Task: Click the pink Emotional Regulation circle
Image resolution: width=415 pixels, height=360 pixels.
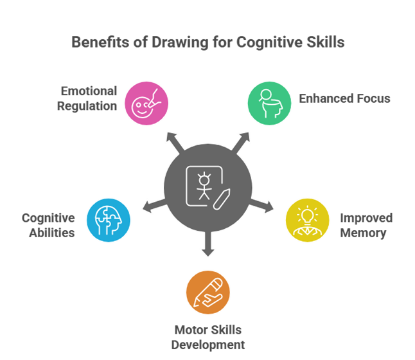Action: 146,102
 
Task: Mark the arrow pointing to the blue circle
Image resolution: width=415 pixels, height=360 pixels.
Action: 152,206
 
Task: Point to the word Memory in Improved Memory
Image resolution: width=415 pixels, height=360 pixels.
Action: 364,233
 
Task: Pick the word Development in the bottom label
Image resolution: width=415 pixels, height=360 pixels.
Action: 207,345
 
